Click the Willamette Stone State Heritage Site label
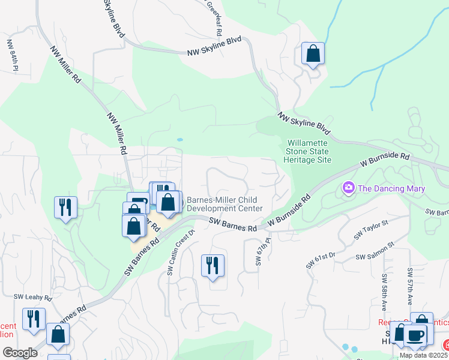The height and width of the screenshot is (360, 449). click(309, 152)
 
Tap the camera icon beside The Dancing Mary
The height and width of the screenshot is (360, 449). click(348, 188)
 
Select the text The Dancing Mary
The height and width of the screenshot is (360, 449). click(391, 188)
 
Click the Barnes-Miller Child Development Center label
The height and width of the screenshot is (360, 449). click(224, 204)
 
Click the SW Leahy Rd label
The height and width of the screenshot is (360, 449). click(33, 296)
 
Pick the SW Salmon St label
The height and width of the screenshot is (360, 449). click(375, 252)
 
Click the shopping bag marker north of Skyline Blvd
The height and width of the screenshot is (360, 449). click(313, 54)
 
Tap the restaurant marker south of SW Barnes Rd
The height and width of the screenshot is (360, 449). click(212, 265)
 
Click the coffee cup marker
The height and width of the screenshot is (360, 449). click(415, 335)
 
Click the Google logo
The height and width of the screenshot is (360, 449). click(20, 353)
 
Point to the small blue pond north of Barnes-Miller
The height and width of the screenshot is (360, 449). click(179, 140)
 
